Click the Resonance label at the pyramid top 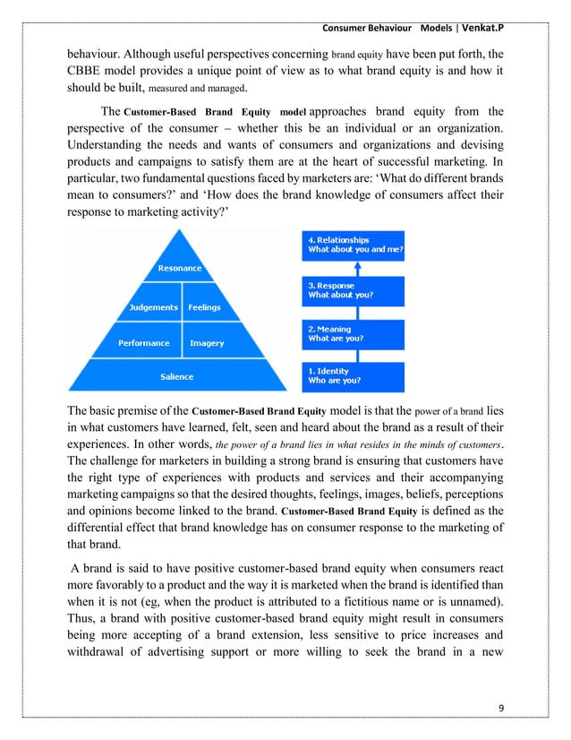180,269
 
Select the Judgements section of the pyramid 151,307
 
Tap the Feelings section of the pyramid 204,307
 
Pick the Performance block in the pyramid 143,343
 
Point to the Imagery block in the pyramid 207,343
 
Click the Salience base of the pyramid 176,376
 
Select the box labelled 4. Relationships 354,245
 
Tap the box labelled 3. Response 354,289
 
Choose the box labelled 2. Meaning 354,333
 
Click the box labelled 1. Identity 354,375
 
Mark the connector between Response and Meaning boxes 358,312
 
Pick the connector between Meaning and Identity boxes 358,355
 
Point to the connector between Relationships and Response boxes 358,268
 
